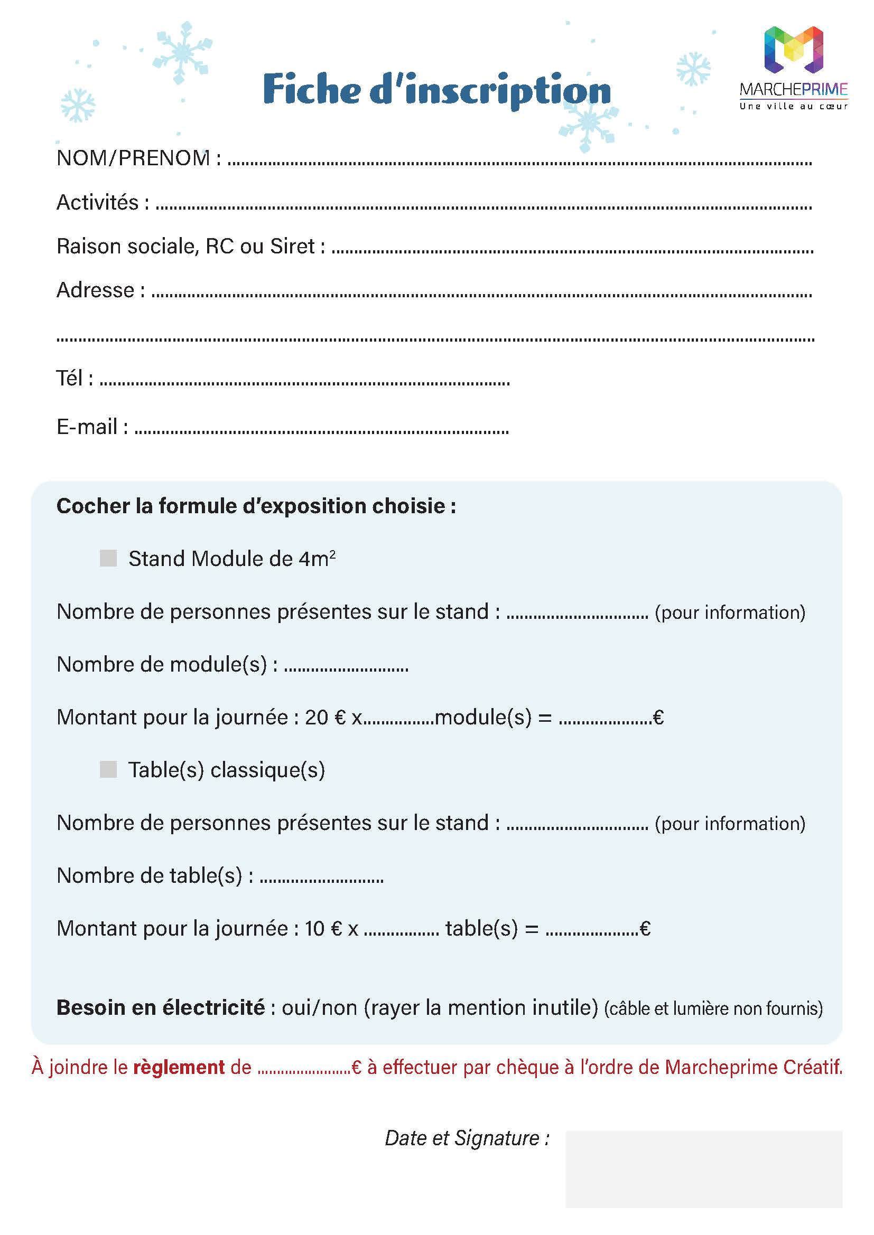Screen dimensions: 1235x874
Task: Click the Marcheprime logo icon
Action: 793,50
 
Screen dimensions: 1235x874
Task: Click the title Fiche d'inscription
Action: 436,89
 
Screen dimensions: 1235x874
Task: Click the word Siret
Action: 292,247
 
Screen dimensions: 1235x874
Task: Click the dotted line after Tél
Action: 304,383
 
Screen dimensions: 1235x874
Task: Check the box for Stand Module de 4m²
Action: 108,558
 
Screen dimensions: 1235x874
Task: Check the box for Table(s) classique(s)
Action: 108,770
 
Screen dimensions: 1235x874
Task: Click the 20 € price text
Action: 325,718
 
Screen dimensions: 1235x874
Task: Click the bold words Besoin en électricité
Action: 161,1007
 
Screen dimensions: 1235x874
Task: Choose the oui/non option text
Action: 319,1007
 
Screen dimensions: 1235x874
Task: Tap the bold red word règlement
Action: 179,1067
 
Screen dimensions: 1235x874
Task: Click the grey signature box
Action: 703,1168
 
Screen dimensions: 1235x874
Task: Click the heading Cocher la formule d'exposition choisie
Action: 256,506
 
